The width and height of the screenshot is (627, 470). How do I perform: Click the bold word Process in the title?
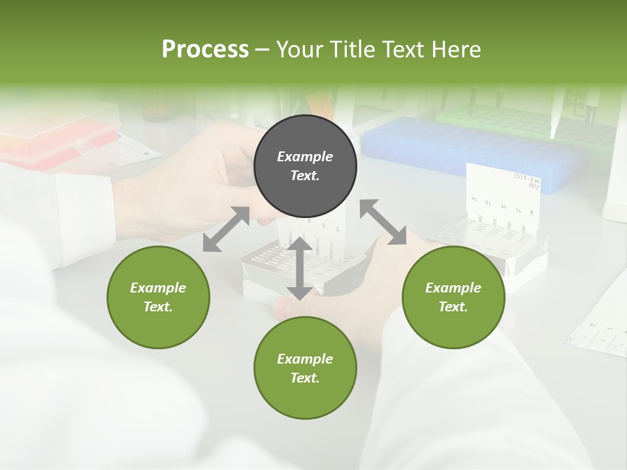point(205,50)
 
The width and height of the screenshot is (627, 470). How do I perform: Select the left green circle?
point(158,297)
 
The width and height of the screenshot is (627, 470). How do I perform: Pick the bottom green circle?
point(305,368)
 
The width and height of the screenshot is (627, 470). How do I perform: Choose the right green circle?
point(453,297)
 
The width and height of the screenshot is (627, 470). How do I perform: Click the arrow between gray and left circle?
point(226,229)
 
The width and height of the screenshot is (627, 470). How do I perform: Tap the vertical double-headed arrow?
point(299,268)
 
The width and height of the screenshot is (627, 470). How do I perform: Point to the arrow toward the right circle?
point(383,222)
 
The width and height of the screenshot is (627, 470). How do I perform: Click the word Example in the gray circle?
point(305,157)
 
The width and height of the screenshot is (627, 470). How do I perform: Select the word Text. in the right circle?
point(453,307)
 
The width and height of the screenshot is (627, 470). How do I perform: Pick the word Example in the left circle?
point(158,288)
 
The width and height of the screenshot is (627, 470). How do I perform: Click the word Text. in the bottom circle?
point(305,378)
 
